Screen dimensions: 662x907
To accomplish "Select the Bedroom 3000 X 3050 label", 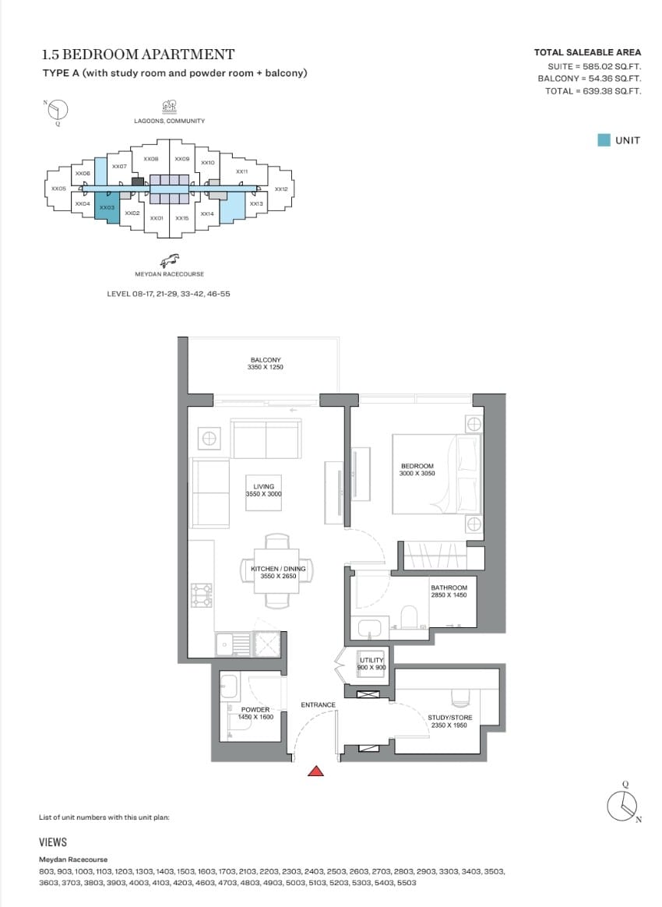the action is tap(417, 470).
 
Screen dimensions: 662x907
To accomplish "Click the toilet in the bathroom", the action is tap(409, 617).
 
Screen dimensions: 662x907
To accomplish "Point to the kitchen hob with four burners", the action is tap(202, 595).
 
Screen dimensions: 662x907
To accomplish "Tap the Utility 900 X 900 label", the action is tap(371, 663).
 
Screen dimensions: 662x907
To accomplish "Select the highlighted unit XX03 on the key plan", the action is tap(107, 207).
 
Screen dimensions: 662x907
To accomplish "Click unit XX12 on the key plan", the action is tap(281, 189).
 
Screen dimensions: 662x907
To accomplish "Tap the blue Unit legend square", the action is tap(604, 140).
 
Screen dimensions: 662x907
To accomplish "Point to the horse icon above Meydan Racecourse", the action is tap(170, 259).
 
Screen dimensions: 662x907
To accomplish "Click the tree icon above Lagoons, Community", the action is tap(170, 107).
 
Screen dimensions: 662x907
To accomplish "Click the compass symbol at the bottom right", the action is tap(623, 805).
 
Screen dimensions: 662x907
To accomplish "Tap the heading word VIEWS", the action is tap(53, 842).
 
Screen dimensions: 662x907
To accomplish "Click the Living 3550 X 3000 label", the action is tap(264, 490).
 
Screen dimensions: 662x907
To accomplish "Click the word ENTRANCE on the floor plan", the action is tap(318, 704).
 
